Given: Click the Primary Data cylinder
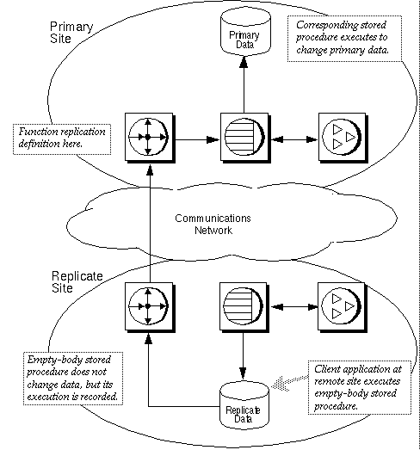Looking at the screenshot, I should point(241,33).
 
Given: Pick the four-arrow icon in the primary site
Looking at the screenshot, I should point(147,137).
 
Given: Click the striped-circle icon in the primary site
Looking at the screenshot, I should point(241,137).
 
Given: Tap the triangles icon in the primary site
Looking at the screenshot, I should point(337,137).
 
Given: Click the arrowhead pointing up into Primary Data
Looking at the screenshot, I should point(241,62).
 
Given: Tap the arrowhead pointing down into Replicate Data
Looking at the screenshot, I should point(241,375).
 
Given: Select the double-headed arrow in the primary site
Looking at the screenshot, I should point(289,137).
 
